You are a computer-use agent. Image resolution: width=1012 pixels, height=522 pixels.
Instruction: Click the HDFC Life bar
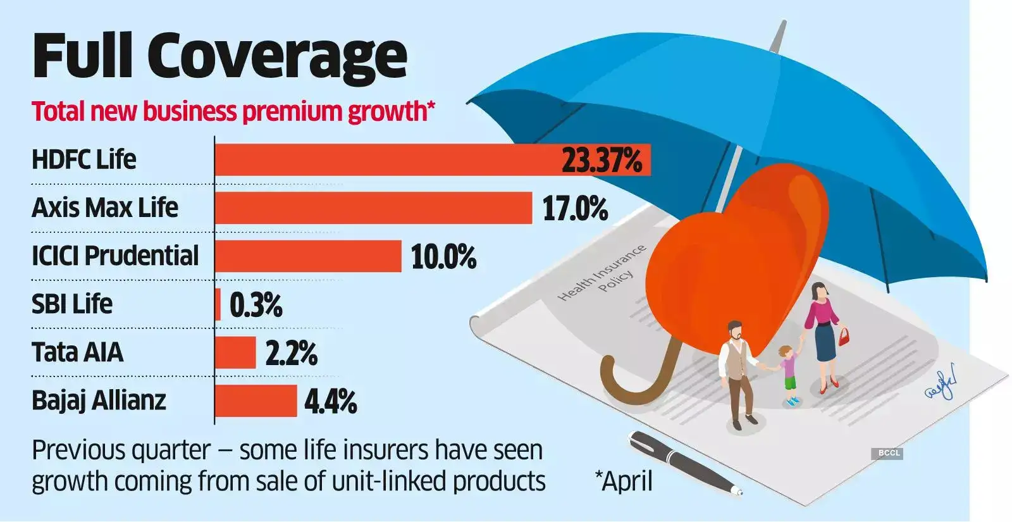pyautogui.click(x=386, y=159)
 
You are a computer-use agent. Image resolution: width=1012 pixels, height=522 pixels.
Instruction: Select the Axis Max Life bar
pyautogui.click(x=373, y=208)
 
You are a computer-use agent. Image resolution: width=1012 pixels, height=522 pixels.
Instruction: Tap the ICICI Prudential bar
pyautogui.click(x=308, y=256)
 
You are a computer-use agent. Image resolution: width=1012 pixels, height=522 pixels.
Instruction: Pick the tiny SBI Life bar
pyautogui.click(x=218, y=304)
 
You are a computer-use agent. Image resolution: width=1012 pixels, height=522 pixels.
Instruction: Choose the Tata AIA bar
pyautogui.click(x=235, y=352)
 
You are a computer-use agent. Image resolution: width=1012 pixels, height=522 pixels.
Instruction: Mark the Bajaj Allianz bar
pyautogui.click(x=256, y=401)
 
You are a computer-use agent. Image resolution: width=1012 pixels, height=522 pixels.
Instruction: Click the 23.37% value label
pyautogui.click(x=602, y=159)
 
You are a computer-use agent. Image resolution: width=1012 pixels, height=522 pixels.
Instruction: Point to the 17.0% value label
pyautogui.click(x=575, y=208)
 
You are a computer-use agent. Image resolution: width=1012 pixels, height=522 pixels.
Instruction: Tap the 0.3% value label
pyautogui.click(x=256, y=305)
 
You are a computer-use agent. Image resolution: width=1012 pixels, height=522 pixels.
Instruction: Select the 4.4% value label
pyautogui.click(x=330, y=401)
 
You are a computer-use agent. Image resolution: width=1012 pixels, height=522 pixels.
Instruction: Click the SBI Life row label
pyautogui.click(x=72, y=304)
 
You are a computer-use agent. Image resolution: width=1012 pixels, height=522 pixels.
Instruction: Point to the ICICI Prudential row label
pyautogui.click(x=115, y=256)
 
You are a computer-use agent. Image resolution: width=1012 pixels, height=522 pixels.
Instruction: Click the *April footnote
pyautogui.click(x=624, y=481)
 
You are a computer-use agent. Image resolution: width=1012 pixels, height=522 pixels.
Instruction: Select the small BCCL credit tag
pyautogui.click(x=889, y=453)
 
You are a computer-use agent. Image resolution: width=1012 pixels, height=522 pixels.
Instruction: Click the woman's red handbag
pyautogui.click(x=844, y=336)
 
